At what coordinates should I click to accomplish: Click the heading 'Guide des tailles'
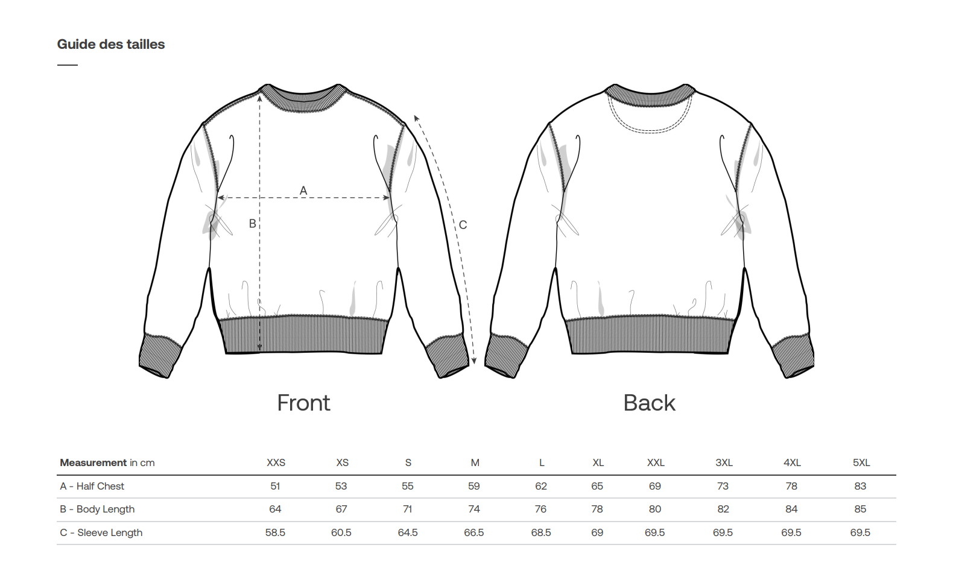pyautogui.click(x=110, y=44)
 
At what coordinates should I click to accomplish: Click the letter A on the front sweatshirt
pyautogui.click(x=303, y=191)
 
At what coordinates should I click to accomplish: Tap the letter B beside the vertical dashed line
pyautogui.click(x=252, y=224)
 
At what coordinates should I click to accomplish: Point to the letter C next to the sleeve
pyautogui.click(x=463, y=225)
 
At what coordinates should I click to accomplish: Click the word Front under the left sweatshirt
pyautogui.click(x=303, y=403)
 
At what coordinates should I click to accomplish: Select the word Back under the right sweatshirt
pyautogui.click(x=649, y=403)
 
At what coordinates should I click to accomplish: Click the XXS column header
pyautogui.click(x=276, y=462)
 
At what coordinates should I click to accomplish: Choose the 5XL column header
pyautogui.click(x=861, y=462)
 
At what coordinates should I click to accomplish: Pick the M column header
pyautogui.click(x=475, y=462)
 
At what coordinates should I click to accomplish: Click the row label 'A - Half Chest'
pyautogui.click(x=92, y=486)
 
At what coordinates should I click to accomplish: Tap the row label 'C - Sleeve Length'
pyautogui.click(x=101, y=533)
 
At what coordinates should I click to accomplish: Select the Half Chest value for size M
pyautogui.click(x=474, y=486)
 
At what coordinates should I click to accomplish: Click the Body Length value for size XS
pyautogui.click(x=341, y=509)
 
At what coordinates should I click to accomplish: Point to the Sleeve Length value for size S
pyautogui.click(x=408, y=533)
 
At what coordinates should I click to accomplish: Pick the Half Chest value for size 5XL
pyautogui.click(x=860, y=486)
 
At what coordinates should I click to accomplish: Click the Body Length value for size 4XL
pyautogui.click(x=791, y=509)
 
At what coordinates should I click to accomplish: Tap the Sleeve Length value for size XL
pyautogui.click(x=597, y=533)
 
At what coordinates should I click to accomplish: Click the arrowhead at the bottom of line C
pyautogui.click(x=474, y=361)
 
